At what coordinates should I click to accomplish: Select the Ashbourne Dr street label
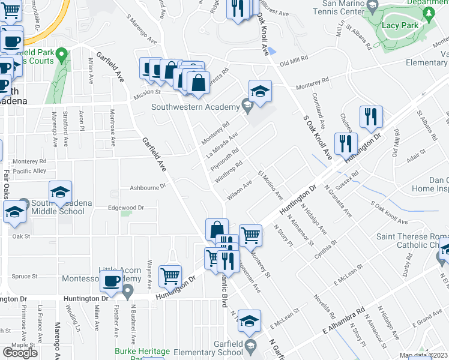coord(147,187)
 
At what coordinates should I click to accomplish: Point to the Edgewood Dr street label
coord(125,208)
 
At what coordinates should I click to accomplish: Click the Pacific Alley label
coord(30,171)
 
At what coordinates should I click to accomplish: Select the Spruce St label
coord(25,277)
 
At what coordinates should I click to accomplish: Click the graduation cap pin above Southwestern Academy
coord(260,91)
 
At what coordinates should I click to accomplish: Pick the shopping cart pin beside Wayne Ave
coord(170,276)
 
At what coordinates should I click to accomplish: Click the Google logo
coord(20,353)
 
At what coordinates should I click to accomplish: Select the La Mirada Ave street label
coord(222,145)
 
